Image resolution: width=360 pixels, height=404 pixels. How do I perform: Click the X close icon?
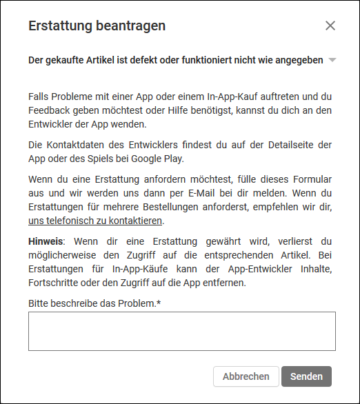pos(330,26)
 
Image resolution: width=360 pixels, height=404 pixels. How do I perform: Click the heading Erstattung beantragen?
pos(97,26)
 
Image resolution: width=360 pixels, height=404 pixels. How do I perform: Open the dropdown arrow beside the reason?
pos(332,60)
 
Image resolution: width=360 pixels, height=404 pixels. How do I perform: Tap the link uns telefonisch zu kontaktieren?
pos(95,221)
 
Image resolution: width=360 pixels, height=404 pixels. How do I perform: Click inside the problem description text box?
pos(181,331)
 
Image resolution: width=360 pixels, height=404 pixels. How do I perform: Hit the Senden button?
pos(306,376)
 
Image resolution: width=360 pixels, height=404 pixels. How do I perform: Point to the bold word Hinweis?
pos(46,241)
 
